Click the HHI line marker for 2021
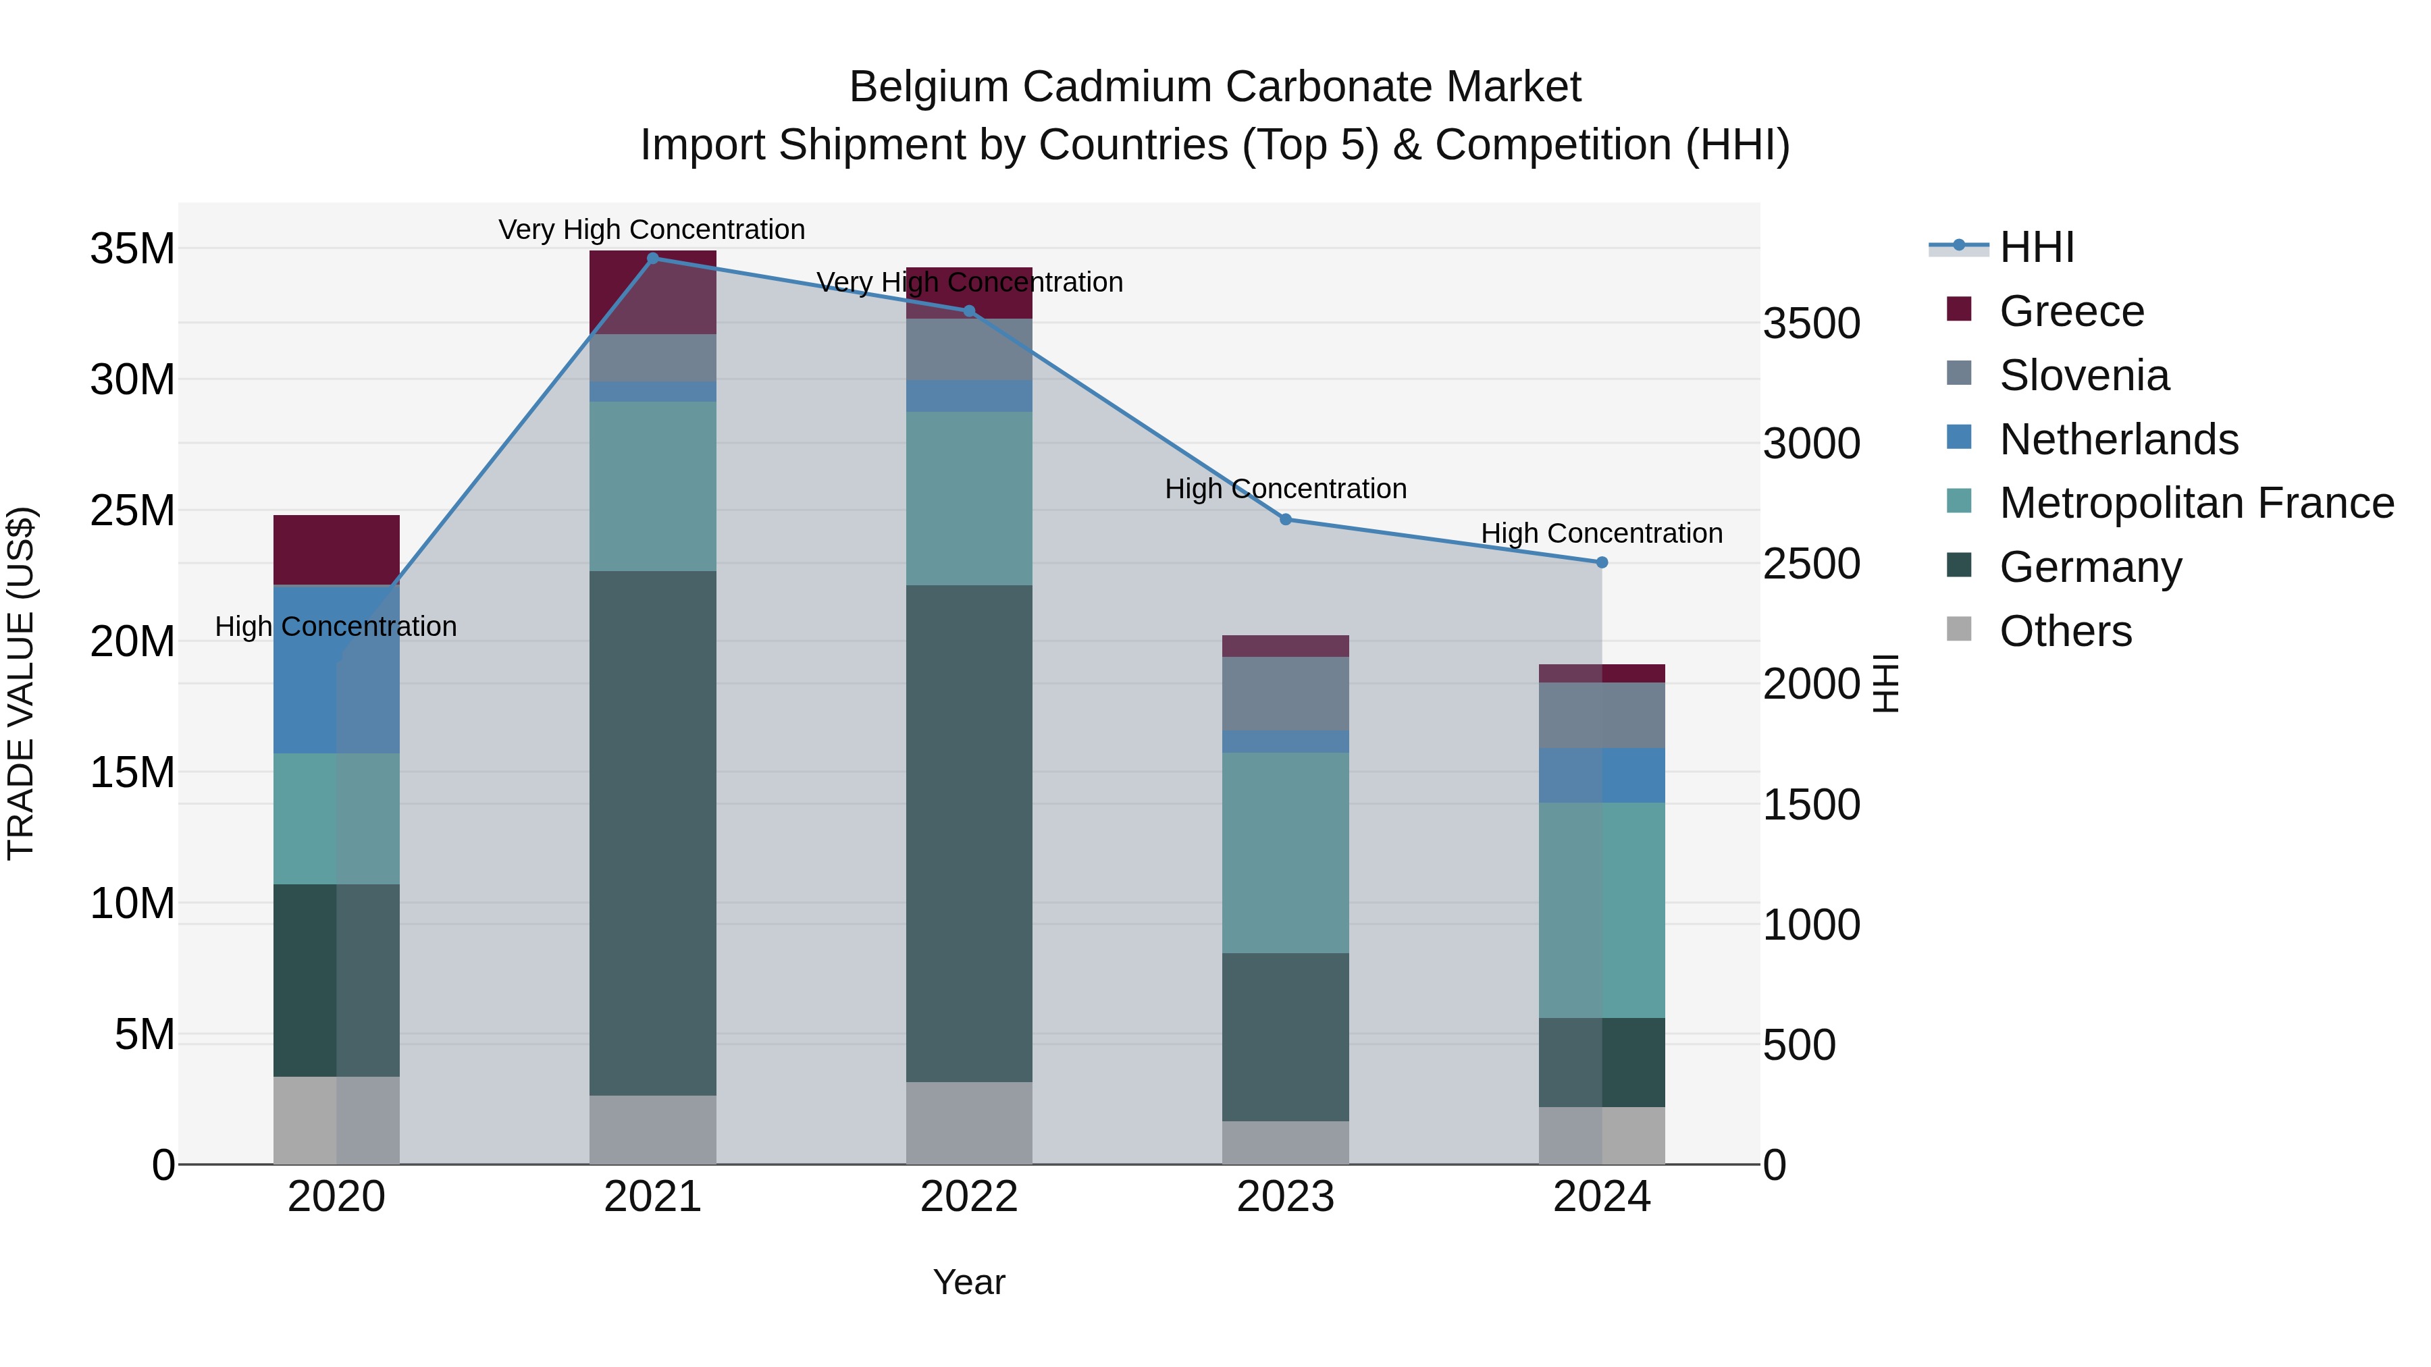652,259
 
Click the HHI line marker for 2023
1285,520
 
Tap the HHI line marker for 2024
1602,562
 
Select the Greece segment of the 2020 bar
336,550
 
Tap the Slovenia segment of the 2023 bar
1285,693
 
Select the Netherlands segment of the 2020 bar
336,669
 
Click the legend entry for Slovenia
2084,375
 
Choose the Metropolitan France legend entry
2196,503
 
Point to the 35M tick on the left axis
132,249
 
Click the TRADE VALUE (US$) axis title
21,683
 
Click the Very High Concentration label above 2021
652,230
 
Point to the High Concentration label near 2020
336,626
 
